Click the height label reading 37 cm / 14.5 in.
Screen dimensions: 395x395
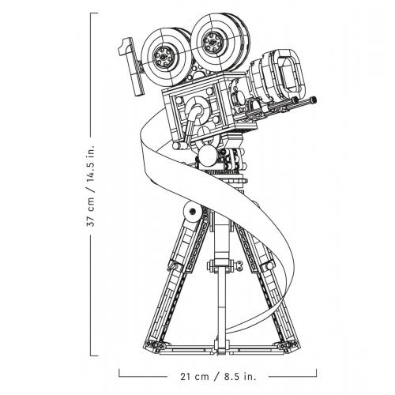[x=91, y=186]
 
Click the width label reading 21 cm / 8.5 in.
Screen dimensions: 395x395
[x=218, y=376]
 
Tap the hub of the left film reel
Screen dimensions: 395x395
[x=164, y=56]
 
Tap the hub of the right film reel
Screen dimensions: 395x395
[x=213, y=41]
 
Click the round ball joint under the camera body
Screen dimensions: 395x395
[x=208, y=156]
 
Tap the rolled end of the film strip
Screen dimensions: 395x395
[x=193, y=212]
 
